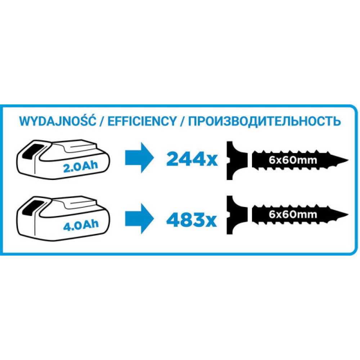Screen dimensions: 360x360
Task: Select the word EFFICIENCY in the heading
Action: pos(139,121)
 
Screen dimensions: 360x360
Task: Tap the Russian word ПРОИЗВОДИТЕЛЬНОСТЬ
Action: pos(264,121)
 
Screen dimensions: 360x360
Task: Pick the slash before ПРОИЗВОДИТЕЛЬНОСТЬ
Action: pos(183,121)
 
